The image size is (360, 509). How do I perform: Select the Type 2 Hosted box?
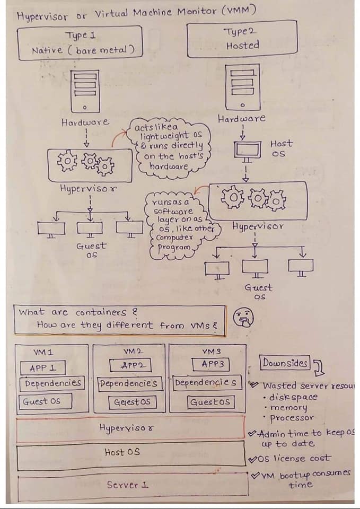pyautogui.click(x=242, y=39)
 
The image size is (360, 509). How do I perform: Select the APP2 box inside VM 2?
pyautogui.click(x=130, y=365)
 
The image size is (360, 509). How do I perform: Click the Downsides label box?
pyautogui.click(x=284, y=363)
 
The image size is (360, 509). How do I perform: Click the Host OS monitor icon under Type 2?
pyautogui.click(x=245, y=152)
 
